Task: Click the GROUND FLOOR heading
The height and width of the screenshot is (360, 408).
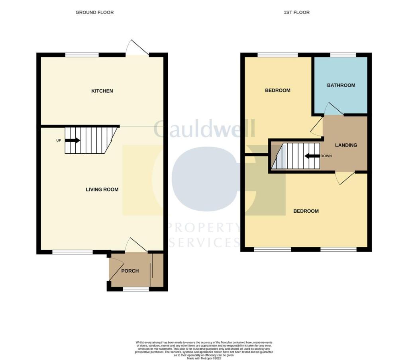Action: coord(94,12)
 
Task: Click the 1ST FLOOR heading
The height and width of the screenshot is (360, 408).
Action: coord(296,12)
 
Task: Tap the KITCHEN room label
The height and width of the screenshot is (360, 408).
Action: coord(102,91)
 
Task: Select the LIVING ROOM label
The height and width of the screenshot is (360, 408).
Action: coord(102,189)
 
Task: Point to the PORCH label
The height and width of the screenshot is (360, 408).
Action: coord(130,271)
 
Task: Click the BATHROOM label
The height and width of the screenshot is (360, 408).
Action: coord(341,85)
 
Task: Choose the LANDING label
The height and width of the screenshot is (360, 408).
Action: coord(346,145)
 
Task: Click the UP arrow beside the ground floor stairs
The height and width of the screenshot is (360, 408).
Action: coord(72,140)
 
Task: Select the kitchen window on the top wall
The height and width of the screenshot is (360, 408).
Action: coord(82,55)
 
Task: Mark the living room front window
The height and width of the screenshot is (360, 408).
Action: coord(73,252)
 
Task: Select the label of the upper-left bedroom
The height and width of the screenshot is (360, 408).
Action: coord(278,90)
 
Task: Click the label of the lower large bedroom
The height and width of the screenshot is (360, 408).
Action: coord(306,211)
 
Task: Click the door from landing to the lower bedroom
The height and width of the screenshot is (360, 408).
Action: coord(345,178)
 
